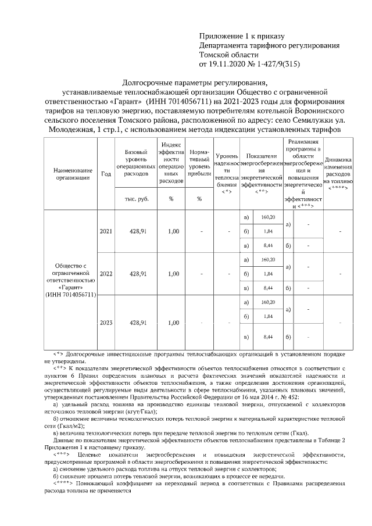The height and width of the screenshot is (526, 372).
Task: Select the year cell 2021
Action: (x=106, y=231)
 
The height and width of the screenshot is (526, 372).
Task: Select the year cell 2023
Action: (x=106, y=322)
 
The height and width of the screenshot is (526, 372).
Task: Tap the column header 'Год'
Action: (x=106, y=174)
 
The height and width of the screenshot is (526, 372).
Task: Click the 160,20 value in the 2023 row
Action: (x=268, y=302)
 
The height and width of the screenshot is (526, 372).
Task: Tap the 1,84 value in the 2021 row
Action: (x=268, y=231)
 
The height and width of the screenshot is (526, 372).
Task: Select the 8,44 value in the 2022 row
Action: (x=268, y=288)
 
